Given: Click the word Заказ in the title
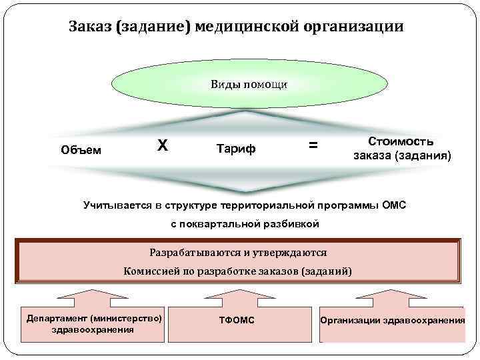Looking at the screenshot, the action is [x=90, y=27].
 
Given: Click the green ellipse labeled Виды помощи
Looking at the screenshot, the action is [x=249, y=85].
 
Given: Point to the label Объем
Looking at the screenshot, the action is [x=81, y=149].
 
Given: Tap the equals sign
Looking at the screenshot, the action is [x=313, y=145].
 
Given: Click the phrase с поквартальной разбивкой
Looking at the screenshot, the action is [x=245, y=224].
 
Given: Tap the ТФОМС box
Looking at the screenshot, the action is [x=237, y=321].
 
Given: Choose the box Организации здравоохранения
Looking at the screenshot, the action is [x=393, y=321].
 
